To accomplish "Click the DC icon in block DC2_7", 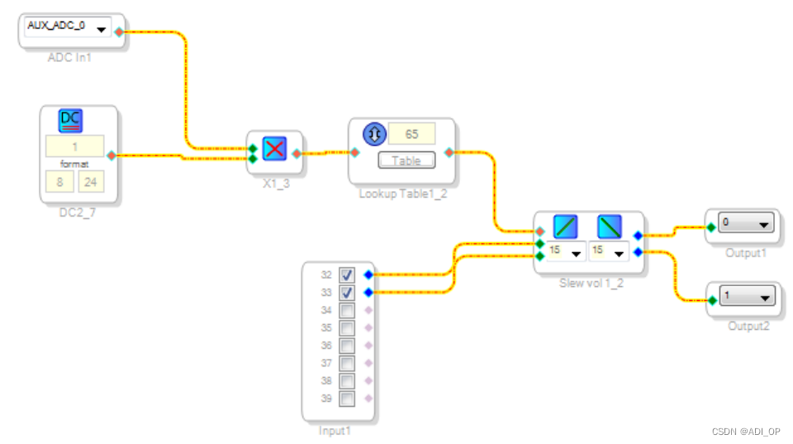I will click(71, 121).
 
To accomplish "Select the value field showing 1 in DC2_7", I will click(74, 147).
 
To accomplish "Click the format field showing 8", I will click(59, 181).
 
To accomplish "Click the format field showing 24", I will click(91, 181).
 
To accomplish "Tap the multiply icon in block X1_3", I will click(274, 150).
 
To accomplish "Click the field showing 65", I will click(411, 134).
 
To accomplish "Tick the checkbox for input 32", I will click(347, 275).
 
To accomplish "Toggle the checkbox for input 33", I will click(347, 293).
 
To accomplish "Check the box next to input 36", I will click(347, 346).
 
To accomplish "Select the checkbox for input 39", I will click(347, 399).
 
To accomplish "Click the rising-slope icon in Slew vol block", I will click(566, 227).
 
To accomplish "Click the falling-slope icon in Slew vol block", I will click(610, 227).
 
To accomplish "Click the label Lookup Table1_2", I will click(402, 193).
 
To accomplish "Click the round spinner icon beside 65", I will click(374, 134).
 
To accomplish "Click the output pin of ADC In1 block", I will click(119, 32).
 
